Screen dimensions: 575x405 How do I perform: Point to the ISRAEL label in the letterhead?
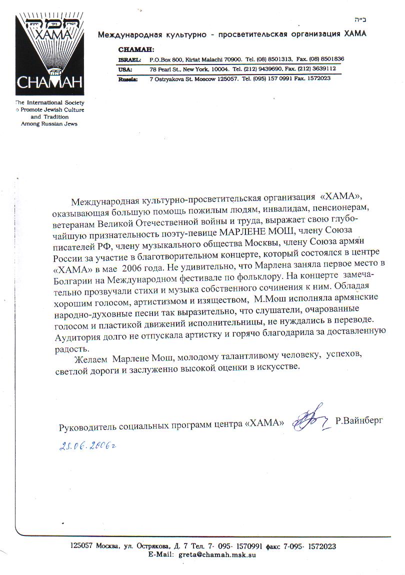tap(129, 58)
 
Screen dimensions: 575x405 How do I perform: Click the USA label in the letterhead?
tap(125, 68)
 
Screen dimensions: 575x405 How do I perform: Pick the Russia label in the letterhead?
tap(128, 78)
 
